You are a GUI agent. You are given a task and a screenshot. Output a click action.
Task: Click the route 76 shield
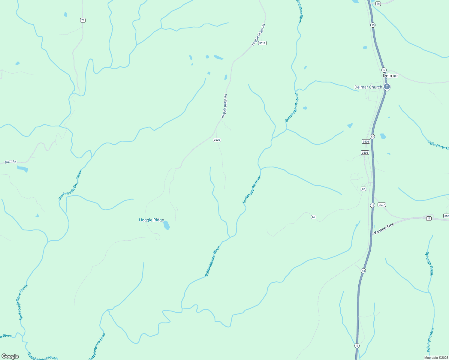(83, 20)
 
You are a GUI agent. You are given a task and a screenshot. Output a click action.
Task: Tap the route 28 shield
(378, 4)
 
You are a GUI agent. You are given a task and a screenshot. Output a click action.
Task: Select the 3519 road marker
(262, 43)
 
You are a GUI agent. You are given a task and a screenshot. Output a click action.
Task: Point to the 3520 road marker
(217, 140)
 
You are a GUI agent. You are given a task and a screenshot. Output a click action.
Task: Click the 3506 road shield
(366, 142)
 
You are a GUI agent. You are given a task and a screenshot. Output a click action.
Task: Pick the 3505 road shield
(365, 153)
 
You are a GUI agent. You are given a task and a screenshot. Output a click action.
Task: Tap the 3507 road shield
(382, 205)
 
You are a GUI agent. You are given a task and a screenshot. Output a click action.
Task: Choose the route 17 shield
(429, 218)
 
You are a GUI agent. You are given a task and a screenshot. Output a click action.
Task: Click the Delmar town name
(390, 76)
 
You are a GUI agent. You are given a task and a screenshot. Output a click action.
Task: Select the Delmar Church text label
(368, 87)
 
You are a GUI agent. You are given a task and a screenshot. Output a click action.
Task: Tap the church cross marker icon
(387, 87)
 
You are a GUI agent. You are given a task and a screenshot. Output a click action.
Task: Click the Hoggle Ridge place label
(151, 220)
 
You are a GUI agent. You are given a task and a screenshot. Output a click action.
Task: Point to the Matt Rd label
(11, 162)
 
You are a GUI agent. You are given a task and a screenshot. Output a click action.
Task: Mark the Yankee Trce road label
(384, 229)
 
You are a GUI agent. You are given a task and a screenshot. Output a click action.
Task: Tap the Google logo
(10, 356)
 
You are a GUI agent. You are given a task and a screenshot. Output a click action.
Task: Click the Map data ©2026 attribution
(436, 358)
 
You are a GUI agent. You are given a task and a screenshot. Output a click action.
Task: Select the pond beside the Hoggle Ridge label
(167, 225)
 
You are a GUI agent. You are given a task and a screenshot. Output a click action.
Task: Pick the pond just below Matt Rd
(23, 169)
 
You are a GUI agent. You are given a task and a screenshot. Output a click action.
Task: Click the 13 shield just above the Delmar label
(384, 70)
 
